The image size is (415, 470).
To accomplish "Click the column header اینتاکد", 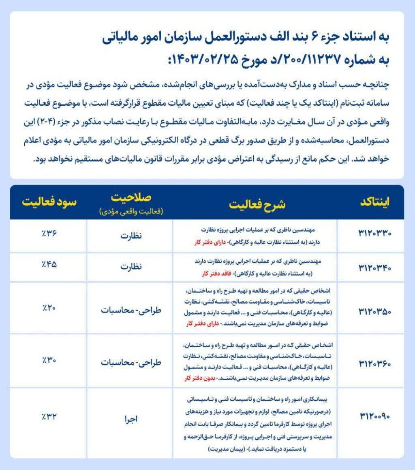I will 374,203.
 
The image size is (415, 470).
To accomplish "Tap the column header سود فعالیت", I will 49,201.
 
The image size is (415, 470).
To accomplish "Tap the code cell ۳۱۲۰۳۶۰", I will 374,363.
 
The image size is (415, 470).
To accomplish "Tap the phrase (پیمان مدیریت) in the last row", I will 226,450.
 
